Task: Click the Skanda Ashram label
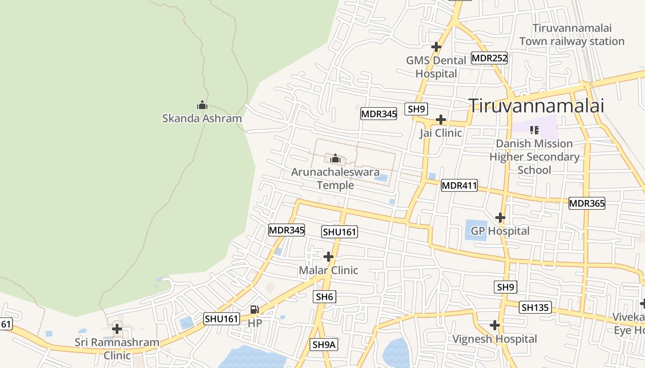pos(202,118)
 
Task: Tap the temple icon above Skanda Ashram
pos(202,105)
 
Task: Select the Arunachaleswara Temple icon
pos(335,159)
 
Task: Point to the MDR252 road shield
pos(489,58)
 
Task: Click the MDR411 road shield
pos(459,186)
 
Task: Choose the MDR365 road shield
pos(586,203)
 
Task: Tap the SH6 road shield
pos(324,297)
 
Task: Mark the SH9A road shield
pos(324,345)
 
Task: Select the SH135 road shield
pos(535,307)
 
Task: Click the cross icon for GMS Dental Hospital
pos(436,47)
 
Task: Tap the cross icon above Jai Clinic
pos(440,120)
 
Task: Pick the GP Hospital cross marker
pos(500,217)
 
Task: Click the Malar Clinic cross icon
pos(328,256)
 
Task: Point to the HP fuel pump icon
pos(254,310)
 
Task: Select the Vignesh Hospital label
pos(494,339)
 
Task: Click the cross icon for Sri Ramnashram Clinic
pos(117,329)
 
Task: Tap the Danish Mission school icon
pos(534,130)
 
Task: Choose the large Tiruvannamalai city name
pos(536,105)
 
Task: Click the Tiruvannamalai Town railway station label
pos(572,34)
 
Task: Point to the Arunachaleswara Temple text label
pos(335,178)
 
